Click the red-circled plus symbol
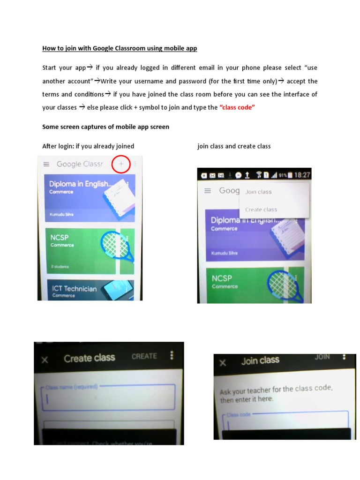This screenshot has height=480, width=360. tap(121, 164)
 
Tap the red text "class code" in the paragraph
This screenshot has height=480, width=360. tap(237, 107)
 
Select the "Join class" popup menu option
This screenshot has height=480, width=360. tap(258, 192)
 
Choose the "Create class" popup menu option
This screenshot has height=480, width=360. tap(261, 210)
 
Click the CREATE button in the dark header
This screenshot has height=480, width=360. tap(144, 356)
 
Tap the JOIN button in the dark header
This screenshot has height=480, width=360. tap(322, 357)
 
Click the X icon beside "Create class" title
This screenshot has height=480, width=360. tap(45, 360)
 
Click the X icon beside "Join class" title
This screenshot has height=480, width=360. tap(223, 362)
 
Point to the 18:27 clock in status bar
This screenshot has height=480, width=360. tap(302, 175)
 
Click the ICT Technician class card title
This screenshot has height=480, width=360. tap(75, 288)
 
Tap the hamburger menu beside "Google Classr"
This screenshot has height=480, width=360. tap(46, 164)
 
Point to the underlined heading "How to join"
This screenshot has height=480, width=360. tap(120, 48)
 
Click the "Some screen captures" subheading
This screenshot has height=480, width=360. tap(106, 127)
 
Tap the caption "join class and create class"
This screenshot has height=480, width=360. tap(234, 146)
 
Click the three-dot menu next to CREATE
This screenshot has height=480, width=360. tap(172, 355)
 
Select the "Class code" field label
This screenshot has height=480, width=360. tap(239, 415)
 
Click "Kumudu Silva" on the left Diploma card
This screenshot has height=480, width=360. tap(60, 215)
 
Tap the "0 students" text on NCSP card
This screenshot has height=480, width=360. tap(60, 266)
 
